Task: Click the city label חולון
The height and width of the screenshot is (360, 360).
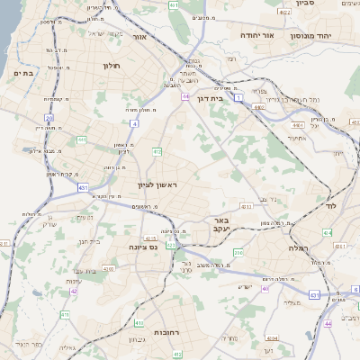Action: click(x=112, y=66)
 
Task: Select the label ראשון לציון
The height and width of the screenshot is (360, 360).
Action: click(x=159, y=184)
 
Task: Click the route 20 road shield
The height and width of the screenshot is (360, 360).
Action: click(x=49, y=118)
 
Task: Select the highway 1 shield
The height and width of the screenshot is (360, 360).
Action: click(x=238, y=98)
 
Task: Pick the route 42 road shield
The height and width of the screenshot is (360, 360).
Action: click(x=74, y=291)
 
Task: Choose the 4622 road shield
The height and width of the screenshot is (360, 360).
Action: click(x=284, y=13)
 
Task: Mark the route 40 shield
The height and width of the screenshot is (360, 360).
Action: click(x=265, y=288)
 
